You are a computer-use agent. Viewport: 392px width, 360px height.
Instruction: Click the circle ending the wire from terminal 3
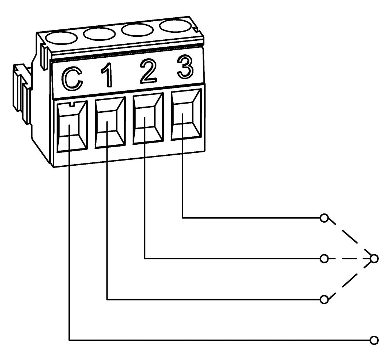[324, 218]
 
